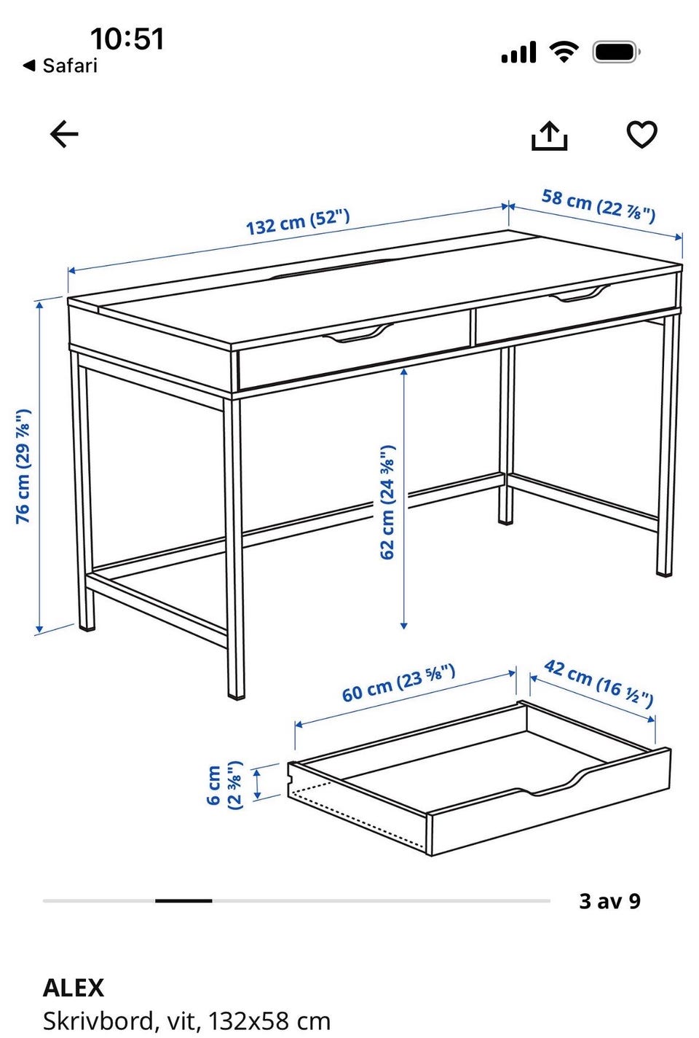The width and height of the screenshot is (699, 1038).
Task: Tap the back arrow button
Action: (x=64, y=134)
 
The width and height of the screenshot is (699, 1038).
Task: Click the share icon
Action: (x=550, y=135)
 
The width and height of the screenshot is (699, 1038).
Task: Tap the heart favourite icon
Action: (x=641, y=134)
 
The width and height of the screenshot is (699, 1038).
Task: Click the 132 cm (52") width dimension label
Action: (x=297, y=222)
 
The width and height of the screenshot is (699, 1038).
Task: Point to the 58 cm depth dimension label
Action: (x=599, y=205)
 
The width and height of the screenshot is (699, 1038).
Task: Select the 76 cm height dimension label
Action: (x=23, y=467)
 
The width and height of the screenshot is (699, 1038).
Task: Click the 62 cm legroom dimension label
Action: (x=387, y=503)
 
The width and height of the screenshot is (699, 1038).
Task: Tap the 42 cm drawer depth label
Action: (x=599, y=683)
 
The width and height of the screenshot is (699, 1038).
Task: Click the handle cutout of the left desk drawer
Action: (x=358, y=333)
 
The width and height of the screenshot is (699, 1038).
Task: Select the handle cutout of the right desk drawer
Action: (x=580, y=294)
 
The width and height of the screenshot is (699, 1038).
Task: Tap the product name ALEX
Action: (x=74, y=988)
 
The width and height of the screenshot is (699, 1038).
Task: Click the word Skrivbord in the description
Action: (x=98, y=1021)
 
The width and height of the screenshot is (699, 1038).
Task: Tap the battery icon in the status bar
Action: (x=617, y=52)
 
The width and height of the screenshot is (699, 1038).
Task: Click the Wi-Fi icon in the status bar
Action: (x=564, y=52)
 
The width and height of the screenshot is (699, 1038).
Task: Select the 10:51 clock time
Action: (x=127, y=39)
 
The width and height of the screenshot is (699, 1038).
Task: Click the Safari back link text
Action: (x=70, y=66)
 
